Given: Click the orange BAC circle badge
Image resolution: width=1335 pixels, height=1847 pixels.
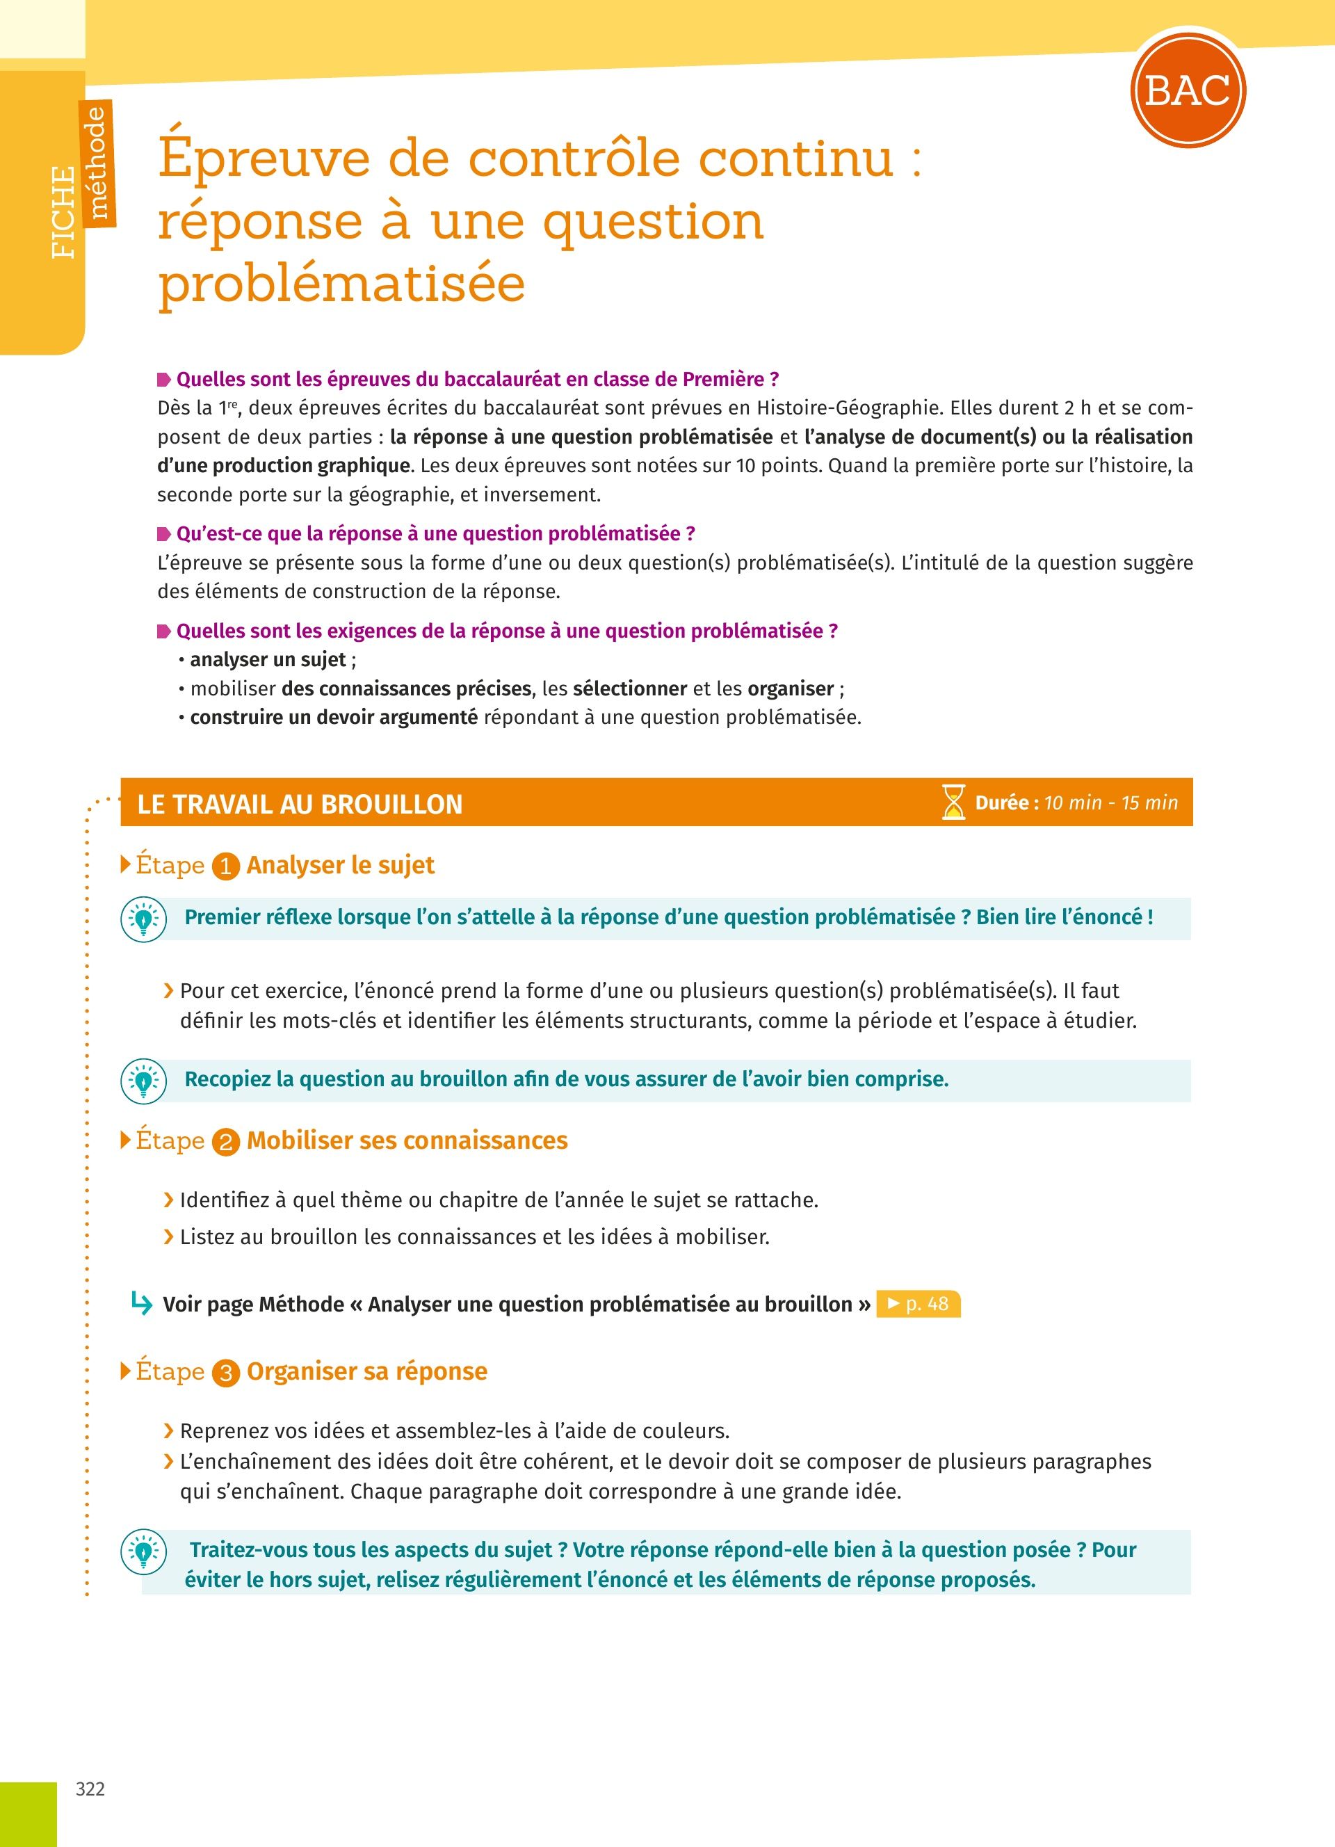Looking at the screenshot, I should click(1188, 90).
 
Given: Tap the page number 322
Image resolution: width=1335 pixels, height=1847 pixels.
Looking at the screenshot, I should click(90, 1789).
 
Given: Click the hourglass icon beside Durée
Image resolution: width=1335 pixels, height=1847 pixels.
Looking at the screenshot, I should click(953, 802).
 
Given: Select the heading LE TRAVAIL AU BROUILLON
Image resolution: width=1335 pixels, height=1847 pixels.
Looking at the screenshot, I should click(300, 804).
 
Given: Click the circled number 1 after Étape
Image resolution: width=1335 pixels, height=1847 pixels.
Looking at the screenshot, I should click(225, 867).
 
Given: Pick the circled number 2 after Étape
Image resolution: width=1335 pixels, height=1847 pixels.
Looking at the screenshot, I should click(225, 1143).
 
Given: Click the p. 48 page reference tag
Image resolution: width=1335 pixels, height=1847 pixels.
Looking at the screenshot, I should click(919, 1304).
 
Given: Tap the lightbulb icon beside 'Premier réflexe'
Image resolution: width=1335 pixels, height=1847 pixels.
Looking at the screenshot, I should click(143, 919).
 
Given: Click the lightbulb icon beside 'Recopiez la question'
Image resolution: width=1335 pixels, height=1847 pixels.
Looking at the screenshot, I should click(143, 1081).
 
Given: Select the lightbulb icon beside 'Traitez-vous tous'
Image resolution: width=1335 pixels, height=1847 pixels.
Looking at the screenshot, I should click(143, 1551).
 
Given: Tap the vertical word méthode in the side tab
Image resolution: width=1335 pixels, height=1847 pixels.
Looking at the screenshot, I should click(97, 163).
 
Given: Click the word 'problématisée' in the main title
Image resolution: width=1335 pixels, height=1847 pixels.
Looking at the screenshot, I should click(342, 284).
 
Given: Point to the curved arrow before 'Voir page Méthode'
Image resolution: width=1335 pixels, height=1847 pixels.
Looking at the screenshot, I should click(142, 1304).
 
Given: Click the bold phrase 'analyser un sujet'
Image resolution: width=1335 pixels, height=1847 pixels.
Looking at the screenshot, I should click(268, 660).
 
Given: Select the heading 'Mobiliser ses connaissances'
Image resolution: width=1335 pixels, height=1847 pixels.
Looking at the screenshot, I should click(407, 1140).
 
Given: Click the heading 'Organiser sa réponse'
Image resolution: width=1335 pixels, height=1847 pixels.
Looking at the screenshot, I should click(367, 1371).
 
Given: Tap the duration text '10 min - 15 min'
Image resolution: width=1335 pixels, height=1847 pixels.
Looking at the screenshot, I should click(1110, 803).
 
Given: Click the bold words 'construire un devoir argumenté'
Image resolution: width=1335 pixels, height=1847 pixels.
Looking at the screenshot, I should click(334, 718).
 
